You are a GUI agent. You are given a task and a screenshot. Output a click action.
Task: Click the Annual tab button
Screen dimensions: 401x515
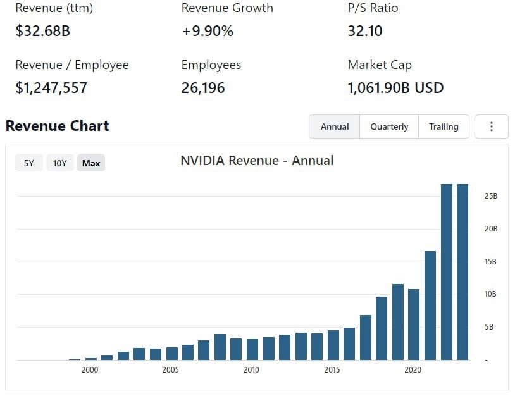coord(335,126)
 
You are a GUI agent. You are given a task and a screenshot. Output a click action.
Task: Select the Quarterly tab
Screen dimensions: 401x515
coord(389,126)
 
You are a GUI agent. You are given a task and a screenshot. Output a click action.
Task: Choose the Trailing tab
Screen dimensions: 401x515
coord(444,126)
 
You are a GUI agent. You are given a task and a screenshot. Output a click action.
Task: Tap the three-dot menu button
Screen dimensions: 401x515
coord(492,126)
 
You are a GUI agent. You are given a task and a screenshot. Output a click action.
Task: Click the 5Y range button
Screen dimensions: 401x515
coord(29,163)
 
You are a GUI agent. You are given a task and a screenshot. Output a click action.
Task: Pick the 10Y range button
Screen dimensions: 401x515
coord(60,163)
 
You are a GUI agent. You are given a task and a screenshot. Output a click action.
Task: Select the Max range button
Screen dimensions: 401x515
coord(91,163)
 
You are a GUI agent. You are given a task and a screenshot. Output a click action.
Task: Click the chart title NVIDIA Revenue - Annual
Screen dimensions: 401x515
coord(257,161)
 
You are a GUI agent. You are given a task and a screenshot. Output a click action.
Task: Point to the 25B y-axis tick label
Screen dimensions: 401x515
coord(490,196)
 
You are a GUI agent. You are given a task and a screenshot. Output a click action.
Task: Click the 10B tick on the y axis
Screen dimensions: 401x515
coord(490,294)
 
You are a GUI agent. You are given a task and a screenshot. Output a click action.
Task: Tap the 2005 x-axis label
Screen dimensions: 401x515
coord(171,370)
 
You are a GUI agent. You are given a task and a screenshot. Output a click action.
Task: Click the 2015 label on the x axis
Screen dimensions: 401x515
coord(332,370)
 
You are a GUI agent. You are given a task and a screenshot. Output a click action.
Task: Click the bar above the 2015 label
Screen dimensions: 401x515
coord(333,345)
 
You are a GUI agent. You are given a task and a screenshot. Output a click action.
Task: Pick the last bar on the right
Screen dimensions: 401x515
coord(462,272)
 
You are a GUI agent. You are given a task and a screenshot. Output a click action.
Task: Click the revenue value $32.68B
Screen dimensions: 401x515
coord(42,30)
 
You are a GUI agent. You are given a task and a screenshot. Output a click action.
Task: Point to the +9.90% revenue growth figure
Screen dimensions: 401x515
coord(208,30)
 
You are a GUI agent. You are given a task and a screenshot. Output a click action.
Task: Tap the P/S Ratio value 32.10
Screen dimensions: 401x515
coord(365,30)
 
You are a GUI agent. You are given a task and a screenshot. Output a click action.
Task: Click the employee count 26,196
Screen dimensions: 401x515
coord(203,87)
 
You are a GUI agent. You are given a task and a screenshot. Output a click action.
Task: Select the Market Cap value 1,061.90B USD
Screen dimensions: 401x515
coord(395,87)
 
